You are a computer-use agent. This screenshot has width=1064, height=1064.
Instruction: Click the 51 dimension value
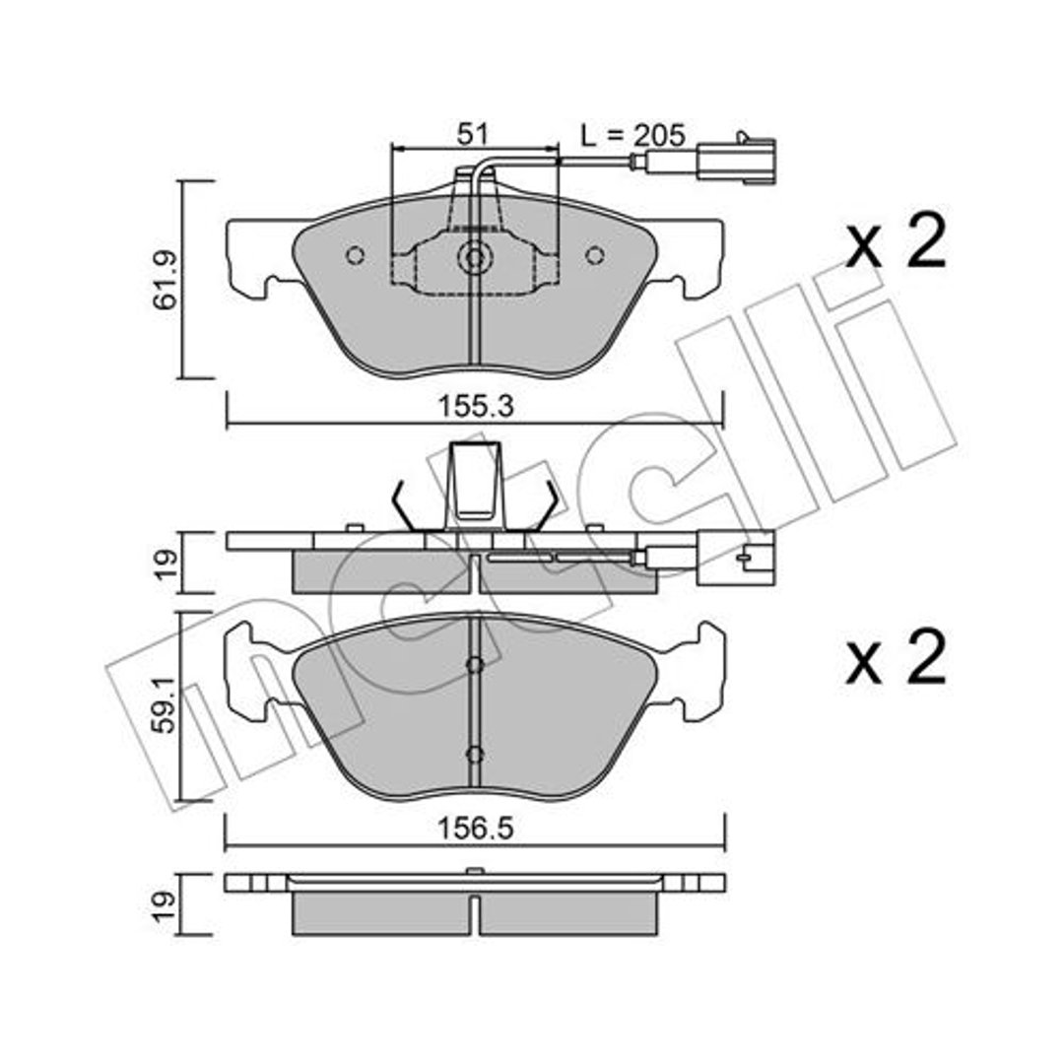tap(472, 134)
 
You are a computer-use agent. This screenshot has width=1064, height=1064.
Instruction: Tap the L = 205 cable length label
tap(633, 136)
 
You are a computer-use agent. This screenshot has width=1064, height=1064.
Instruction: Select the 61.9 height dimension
tap(165, 280)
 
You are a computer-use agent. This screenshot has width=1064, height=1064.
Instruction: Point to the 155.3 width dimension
tap(476, 407)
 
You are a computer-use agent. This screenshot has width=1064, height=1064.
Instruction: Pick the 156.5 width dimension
tap(475, 829)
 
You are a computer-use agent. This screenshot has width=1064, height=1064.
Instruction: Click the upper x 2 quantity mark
tap(895, 241)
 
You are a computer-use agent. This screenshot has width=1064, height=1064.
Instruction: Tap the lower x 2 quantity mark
tap(895, 657)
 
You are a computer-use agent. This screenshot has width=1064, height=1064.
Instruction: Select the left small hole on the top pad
tap(355, 255)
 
